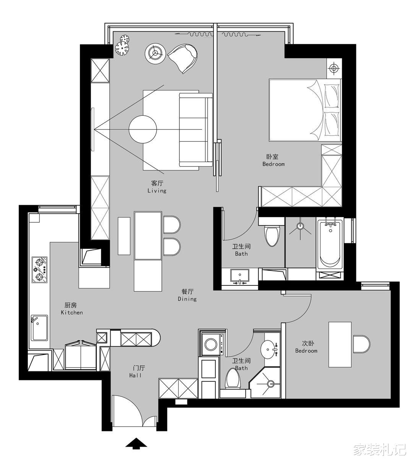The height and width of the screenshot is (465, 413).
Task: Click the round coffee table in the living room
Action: pos(143,129)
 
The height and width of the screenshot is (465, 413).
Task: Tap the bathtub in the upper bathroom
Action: pos(330,244)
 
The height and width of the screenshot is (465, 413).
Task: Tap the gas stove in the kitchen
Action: pos(39,270)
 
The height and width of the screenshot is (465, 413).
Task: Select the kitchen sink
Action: pos(39,328)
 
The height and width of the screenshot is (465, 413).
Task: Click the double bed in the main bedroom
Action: pos(305,110)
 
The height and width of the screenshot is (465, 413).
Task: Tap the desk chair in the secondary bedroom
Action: pos(361,344)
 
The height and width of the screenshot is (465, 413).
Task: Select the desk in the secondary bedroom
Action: pos(340,345)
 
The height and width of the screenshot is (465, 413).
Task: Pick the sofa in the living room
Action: pos(196,130)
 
